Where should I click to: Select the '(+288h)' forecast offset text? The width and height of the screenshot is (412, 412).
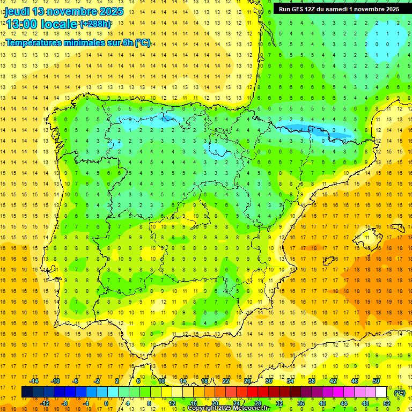95,24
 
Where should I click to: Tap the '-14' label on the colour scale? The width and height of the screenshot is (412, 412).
35,381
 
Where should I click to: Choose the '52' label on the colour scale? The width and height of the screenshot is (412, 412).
386,403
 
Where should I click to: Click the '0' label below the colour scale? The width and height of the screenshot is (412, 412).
106,403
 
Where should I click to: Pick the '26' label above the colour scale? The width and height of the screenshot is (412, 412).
247,381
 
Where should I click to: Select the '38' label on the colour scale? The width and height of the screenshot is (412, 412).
312,381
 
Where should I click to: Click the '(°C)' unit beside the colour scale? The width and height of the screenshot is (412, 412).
400,392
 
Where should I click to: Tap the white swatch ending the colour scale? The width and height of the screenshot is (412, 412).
381,392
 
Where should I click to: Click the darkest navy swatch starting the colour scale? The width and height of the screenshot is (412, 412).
27,392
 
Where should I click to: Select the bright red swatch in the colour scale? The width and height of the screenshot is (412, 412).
252,392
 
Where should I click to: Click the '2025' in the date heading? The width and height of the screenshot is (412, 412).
108,11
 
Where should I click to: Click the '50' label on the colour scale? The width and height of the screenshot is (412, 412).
376,381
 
